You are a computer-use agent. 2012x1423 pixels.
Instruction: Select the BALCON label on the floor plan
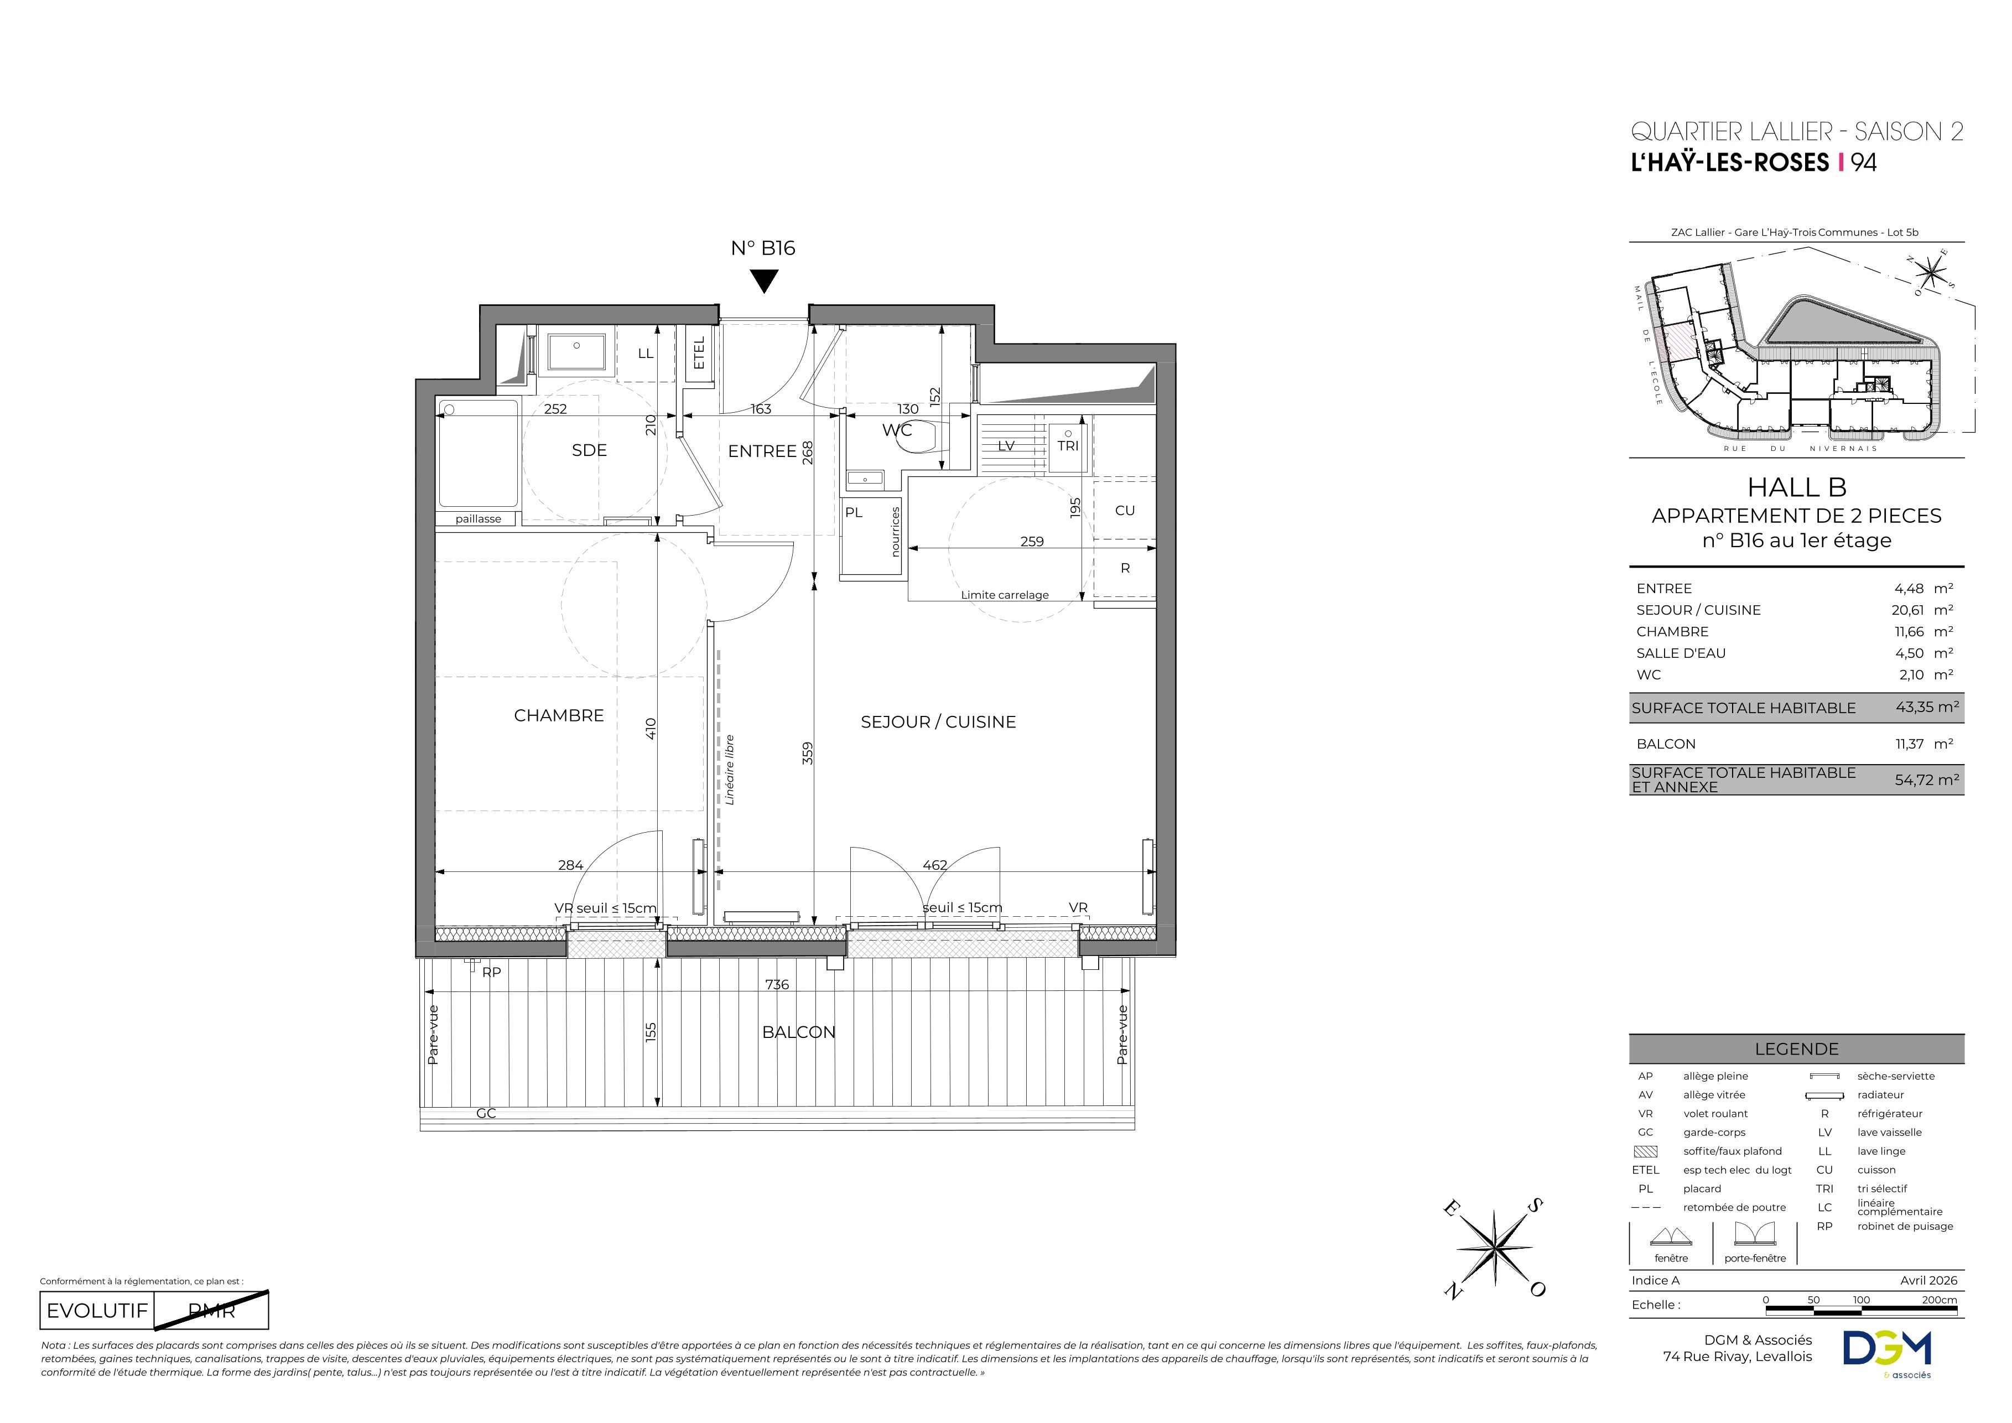[x=798, y=1032]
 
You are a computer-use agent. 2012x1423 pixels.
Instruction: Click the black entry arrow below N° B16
[x=764, y=281]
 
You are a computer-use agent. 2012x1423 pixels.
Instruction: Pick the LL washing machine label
[x=646, y=354]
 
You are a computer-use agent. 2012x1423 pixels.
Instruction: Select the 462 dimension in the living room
[x=934, y=865]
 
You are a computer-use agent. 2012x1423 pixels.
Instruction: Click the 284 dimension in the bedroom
[x=570, y=865]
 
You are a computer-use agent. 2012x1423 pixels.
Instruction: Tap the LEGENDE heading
[x=1796, y=1049]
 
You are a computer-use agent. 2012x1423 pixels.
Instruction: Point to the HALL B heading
[x=1796, y=487]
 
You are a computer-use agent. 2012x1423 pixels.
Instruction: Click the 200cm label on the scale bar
[x=1940, y=1300]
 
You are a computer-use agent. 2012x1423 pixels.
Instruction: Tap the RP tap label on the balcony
[x=492, y=972]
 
